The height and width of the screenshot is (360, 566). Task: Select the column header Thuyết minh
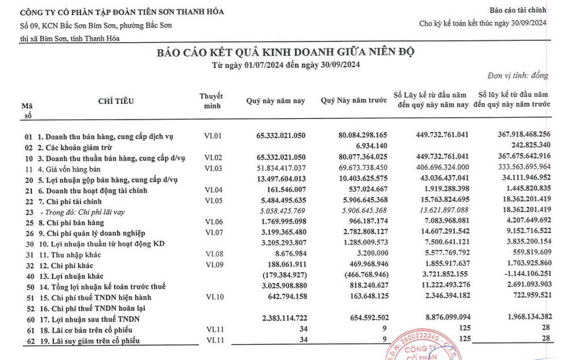211,100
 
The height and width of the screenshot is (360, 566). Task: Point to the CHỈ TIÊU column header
116,101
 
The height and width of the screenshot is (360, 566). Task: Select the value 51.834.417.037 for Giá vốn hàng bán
275,168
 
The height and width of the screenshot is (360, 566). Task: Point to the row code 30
28,243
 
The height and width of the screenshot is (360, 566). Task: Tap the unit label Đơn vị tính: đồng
521,76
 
